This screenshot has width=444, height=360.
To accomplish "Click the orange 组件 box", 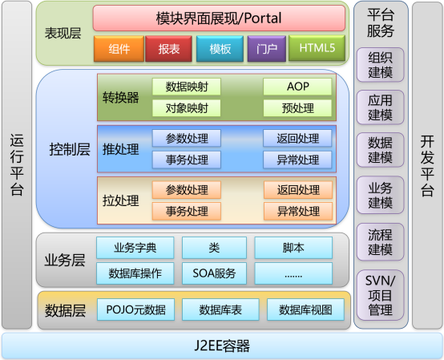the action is coord(119,49).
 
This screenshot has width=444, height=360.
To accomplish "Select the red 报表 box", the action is coord(169,49).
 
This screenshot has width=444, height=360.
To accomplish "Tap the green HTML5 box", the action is coord(317,48).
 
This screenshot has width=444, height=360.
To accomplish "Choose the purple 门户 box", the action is coord(267,49).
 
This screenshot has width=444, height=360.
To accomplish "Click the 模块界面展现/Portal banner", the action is coord(219,18).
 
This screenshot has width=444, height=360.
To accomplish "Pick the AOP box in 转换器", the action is coord(297,87).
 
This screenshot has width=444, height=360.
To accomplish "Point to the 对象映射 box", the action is coord(187,108).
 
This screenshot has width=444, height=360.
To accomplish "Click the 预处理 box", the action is coord(297,108).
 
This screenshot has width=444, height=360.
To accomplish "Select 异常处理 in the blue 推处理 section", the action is coord(297,160).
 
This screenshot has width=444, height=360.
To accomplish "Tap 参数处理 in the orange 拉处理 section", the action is coord(187,190).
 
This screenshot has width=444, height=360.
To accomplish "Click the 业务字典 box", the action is coord(135,248).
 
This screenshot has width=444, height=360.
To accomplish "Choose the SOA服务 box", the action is coord(214,273).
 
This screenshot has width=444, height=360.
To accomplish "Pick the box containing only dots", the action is coord(293,273).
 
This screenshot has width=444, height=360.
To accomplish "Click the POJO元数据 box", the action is coord(136,309).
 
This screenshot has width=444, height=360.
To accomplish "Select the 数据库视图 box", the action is coord(305,309).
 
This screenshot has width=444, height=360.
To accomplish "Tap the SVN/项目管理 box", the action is coord(381,295).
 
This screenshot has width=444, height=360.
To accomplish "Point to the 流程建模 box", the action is coord(381,242).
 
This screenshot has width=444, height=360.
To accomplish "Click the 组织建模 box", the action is coord(381,65).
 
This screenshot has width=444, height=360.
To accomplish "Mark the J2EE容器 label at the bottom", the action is coord(222,346).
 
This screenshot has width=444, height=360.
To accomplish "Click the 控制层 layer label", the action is coord(70,149).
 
